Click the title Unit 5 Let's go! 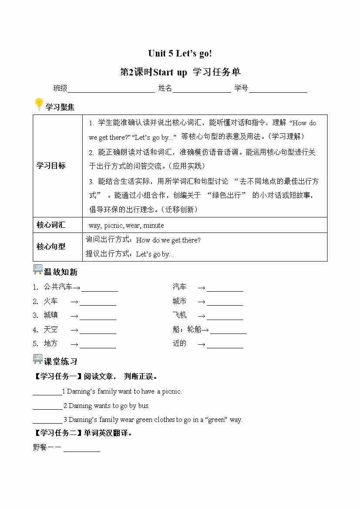point(180,54)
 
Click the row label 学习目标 point(51,165)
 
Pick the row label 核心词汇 point(51,225)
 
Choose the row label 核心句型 point(51,246)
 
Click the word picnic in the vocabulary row point(114,226)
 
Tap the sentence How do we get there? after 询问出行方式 point(168,240)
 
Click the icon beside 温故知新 point(38,270)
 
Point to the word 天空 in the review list point(50,330)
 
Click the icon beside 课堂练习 point(38,359)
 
